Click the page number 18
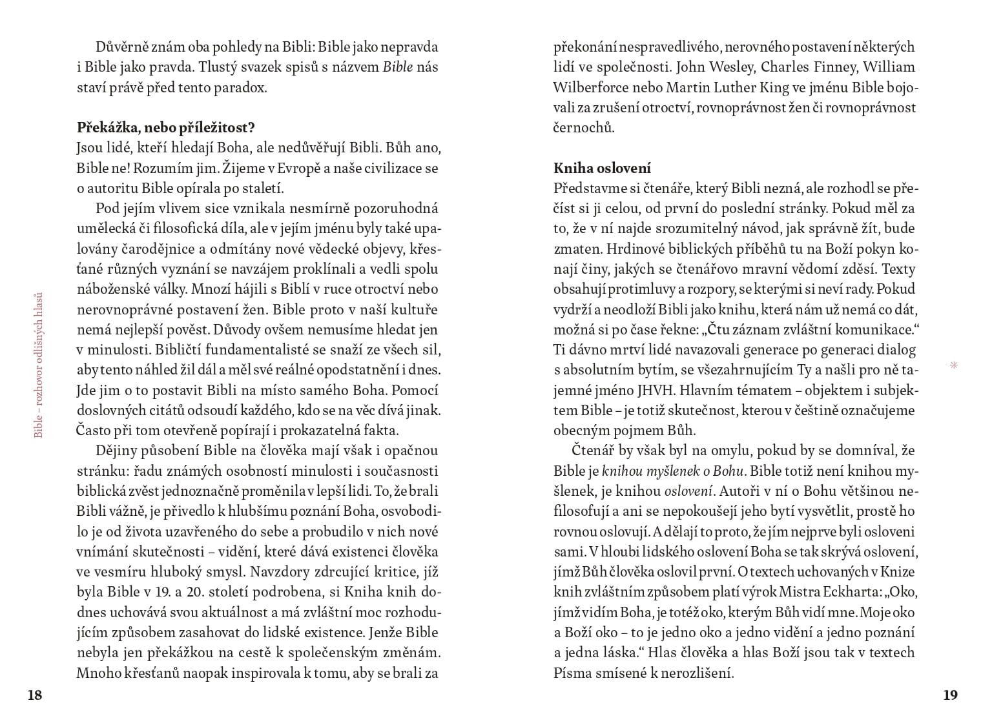tap(34, 695)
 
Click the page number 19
tap(950, 695)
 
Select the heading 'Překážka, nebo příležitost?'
tap(165, 127)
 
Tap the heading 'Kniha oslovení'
tap(602, 168)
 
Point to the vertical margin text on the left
tap(39, 365)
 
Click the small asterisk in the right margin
tap(954, 366)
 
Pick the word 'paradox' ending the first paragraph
tap(242, 88)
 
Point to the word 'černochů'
tap(583, 127)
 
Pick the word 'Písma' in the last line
tap(572, 673)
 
